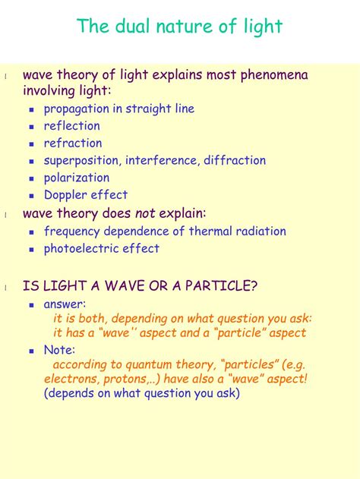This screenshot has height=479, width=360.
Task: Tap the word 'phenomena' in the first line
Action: (x=274, y=76)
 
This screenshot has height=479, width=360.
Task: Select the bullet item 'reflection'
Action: (x=72, y=125)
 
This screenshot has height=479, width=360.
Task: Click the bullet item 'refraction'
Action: (x=73, y=143)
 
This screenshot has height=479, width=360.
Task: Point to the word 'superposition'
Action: (x=81, y=161)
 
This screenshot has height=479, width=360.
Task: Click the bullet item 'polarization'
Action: (x=77, y=178)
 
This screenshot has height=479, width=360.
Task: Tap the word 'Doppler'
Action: (x=65, y=196)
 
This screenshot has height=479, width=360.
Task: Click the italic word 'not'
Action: (x=145, y=213)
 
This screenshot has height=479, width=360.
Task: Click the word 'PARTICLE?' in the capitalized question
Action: (x=221, y=285)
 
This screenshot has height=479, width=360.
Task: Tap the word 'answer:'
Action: (x=65, y=304)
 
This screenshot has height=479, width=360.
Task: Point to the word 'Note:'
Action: (x=59, y=349)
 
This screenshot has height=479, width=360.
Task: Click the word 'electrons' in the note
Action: (x=72, y=379)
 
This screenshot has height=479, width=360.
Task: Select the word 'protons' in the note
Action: (x=125, y=380)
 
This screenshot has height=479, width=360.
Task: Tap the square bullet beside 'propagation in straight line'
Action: (x=31, y=109)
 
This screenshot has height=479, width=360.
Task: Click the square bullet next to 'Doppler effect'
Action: (x=31, y=196)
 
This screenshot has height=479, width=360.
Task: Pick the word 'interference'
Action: (x=163, y=160)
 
